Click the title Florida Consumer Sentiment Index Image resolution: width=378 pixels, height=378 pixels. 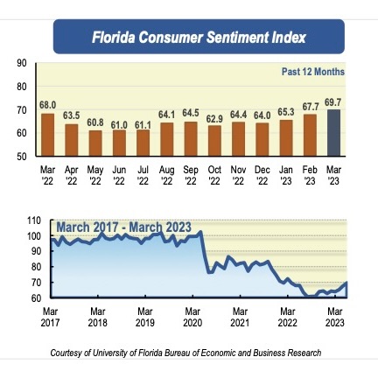tap(199, 38)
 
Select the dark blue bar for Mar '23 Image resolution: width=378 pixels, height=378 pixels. tap(333, 132)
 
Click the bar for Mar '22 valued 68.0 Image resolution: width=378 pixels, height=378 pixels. tap(47, 134)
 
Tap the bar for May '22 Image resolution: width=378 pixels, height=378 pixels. tap(95, 143)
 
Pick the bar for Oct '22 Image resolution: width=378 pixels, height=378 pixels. tap(214, 140)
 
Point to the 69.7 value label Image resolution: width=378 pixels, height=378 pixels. tap(333, 102)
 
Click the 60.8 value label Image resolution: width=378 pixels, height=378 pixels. tap(95, 123)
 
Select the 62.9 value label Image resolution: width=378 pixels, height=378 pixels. tap(214, 119)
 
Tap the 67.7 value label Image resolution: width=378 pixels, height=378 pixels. tap(310, 107)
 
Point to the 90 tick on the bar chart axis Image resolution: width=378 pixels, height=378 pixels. tap(22, 64)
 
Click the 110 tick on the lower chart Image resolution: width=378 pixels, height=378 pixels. tap(34, 220)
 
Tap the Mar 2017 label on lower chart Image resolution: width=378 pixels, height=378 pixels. tap(50, 317)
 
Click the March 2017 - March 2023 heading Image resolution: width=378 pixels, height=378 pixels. tap(122, 228)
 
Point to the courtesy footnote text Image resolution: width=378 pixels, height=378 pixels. tap(185, 353)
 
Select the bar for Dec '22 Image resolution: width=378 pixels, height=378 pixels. tap(262, 138)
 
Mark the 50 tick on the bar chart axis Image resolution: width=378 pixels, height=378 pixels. tap(22, 156)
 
